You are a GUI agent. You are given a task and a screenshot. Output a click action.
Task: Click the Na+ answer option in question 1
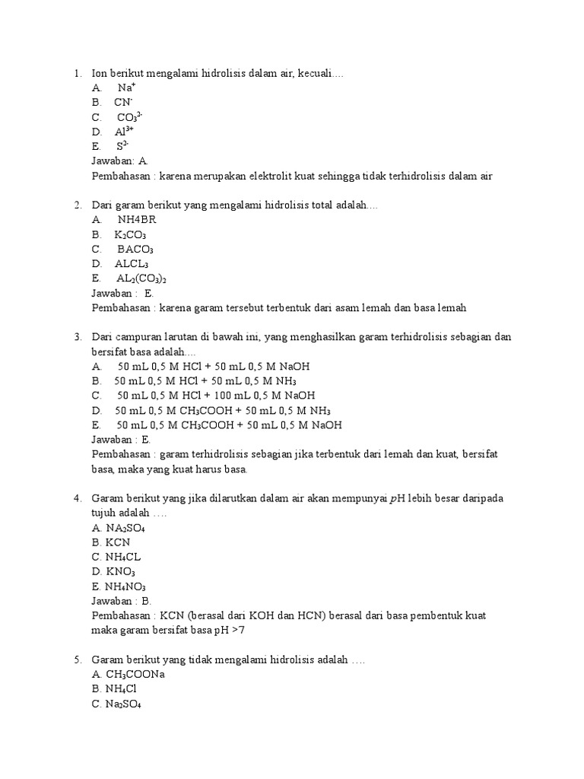click(126, 87)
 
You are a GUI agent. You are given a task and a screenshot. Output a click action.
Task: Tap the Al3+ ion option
click(125, 132)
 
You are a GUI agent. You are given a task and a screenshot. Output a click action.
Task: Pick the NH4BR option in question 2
click(137, 220)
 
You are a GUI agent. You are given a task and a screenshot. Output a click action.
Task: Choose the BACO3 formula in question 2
click(135, 250)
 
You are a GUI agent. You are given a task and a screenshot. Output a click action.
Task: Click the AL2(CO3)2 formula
click(141, 278)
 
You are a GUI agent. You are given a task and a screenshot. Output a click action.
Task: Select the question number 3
click(78, 337)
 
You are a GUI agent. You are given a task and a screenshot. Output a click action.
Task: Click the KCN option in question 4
click(118, 542)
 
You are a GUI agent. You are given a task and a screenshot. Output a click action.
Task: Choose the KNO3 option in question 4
click(120, 571)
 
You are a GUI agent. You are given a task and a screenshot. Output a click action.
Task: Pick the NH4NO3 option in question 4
click(125, 587)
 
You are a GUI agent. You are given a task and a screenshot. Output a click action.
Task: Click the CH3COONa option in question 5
click(135, 675)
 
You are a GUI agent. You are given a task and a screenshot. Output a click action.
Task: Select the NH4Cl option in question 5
click(122, 689)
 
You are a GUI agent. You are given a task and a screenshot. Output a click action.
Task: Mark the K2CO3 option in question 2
click(130, 235)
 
